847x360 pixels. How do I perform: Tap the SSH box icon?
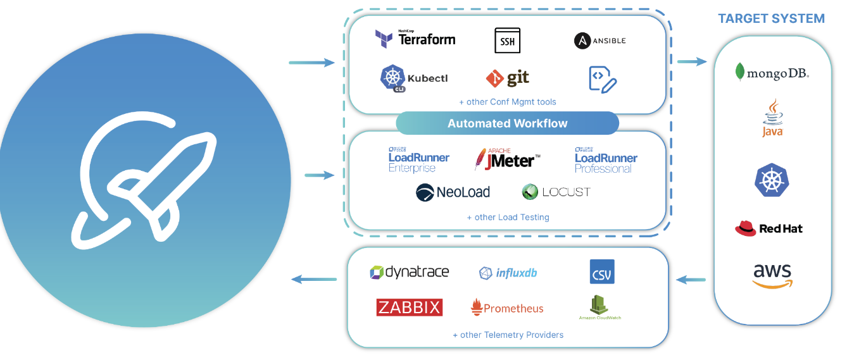click(x=507, y=40)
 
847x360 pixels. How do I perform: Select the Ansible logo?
click(x=599, y=40)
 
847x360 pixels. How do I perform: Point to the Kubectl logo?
click(x=413, y=78)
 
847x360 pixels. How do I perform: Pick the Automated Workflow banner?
click(x=507, y=123)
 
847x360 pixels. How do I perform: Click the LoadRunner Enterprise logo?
click(x=418, y=159)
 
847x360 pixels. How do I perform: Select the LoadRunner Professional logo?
click(x=606, y=159)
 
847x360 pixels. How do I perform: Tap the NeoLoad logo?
click(x=453, y=192)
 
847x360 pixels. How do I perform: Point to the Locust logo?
click(x=556, y=192)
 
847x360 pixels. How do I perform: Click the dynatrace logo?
click(x=409, y=273)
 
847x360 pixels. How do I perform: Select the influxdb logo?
click(x=508, y=273)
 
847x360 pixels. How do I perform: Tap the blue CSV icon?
click(x=601, y=271)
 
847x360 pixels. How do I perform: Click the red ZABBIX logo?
click(x=409, y=307)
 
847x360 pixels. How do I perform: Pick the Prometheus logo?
click(x=507, y=308)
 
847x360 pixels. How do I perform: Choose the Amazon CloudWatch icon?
click(x=599, y=307)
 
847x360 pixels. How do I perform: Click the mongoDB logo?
click(x=772, y=73)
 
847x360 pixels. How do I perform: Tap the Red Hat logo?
click(x=769, y=228)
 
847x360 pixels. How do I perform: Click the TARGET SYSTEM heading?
click(x=771, y=18)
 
